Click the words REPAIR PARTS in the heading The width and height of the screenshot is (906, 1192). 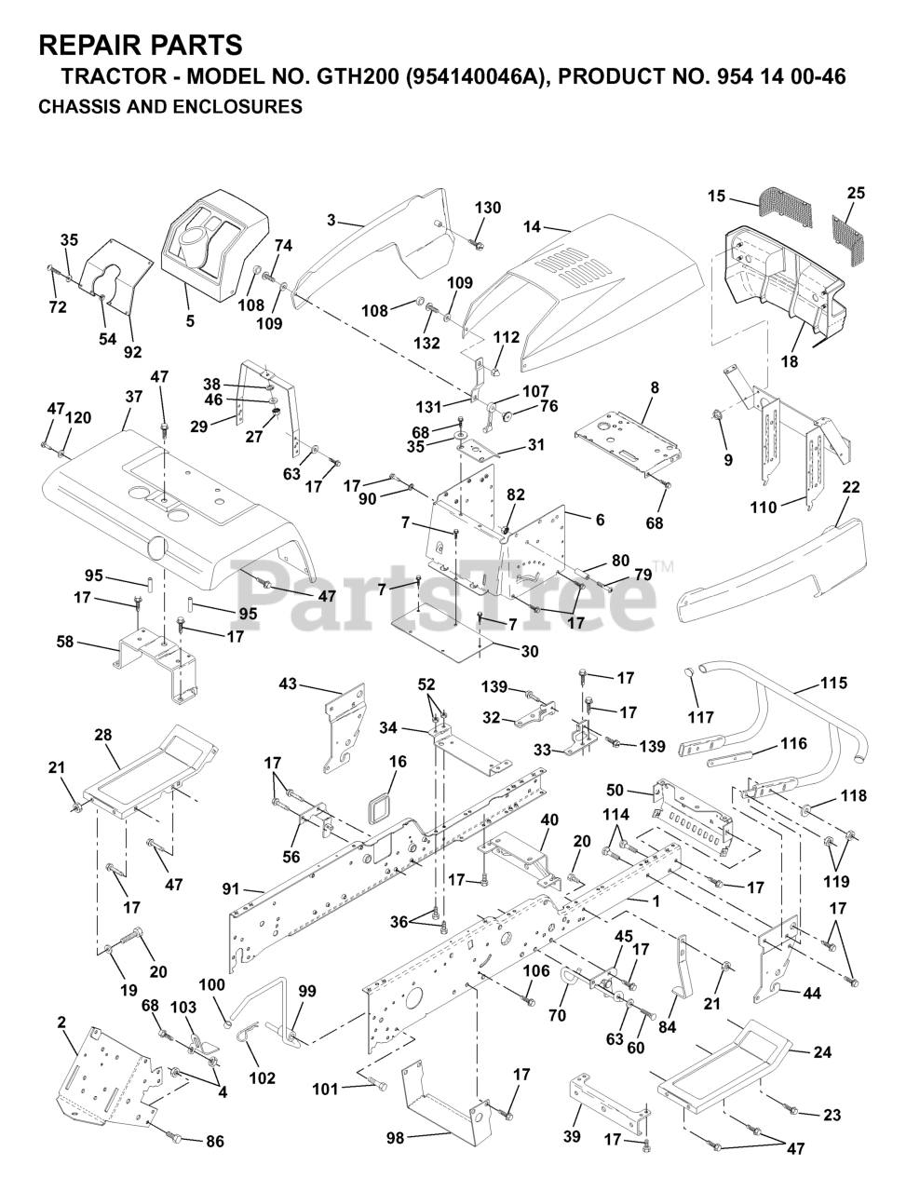tap(141, 45)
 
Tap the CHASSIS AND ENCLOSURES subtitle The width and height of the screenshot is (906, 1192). tap(170, 106)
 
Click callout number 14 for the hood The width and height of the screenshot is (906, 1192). tap(532, 226)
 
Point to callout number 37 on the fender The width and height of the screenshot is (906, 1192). tap(133, 397)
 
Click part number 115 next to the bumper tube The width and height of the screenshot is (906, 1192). tap(833, 683)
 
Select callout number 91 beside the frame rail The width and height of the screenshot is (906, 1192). tap(231, 889)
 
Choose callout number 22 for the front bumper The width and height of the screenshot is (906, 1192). tap(851, 487)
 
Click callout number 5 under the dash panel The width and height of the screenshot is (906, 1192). tap(190, 321)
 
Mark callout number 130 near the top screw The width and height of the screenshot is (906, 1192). tap(488, 208)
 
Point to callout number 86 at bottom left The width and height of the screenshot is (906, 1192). tap(215, 1142)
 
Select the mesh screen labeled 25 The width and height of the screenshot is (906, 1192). tap(849, 237)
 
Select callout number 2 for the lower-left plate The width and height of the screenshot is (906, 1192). tap(61, 1023)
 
